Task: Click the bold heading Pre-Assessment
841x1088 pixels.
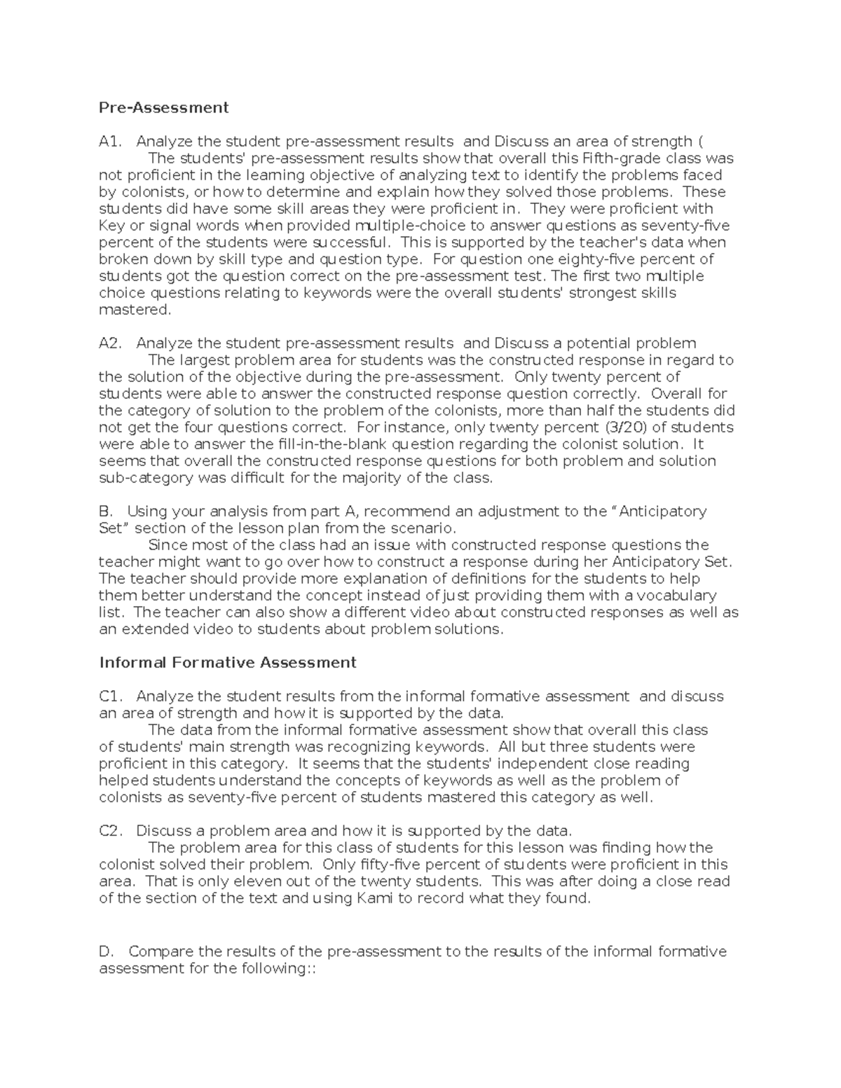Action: [x=164, y=107]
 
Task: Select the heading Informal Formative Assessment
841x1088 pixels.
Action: [x=228, y=662]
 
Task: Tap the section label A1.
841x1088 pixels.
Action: [x=111, y=142]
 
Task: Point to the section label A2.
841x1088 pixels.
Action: [x=111, y=343]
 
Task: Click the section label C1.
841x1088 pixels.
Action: [x=111, y=696]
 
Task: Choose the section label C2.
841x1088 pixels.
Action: [x=111, y=831]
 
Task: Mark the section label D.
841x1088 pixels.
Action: [x=107, y=951]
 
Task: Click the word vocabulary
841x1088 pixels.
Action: [x=675, y=595]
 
